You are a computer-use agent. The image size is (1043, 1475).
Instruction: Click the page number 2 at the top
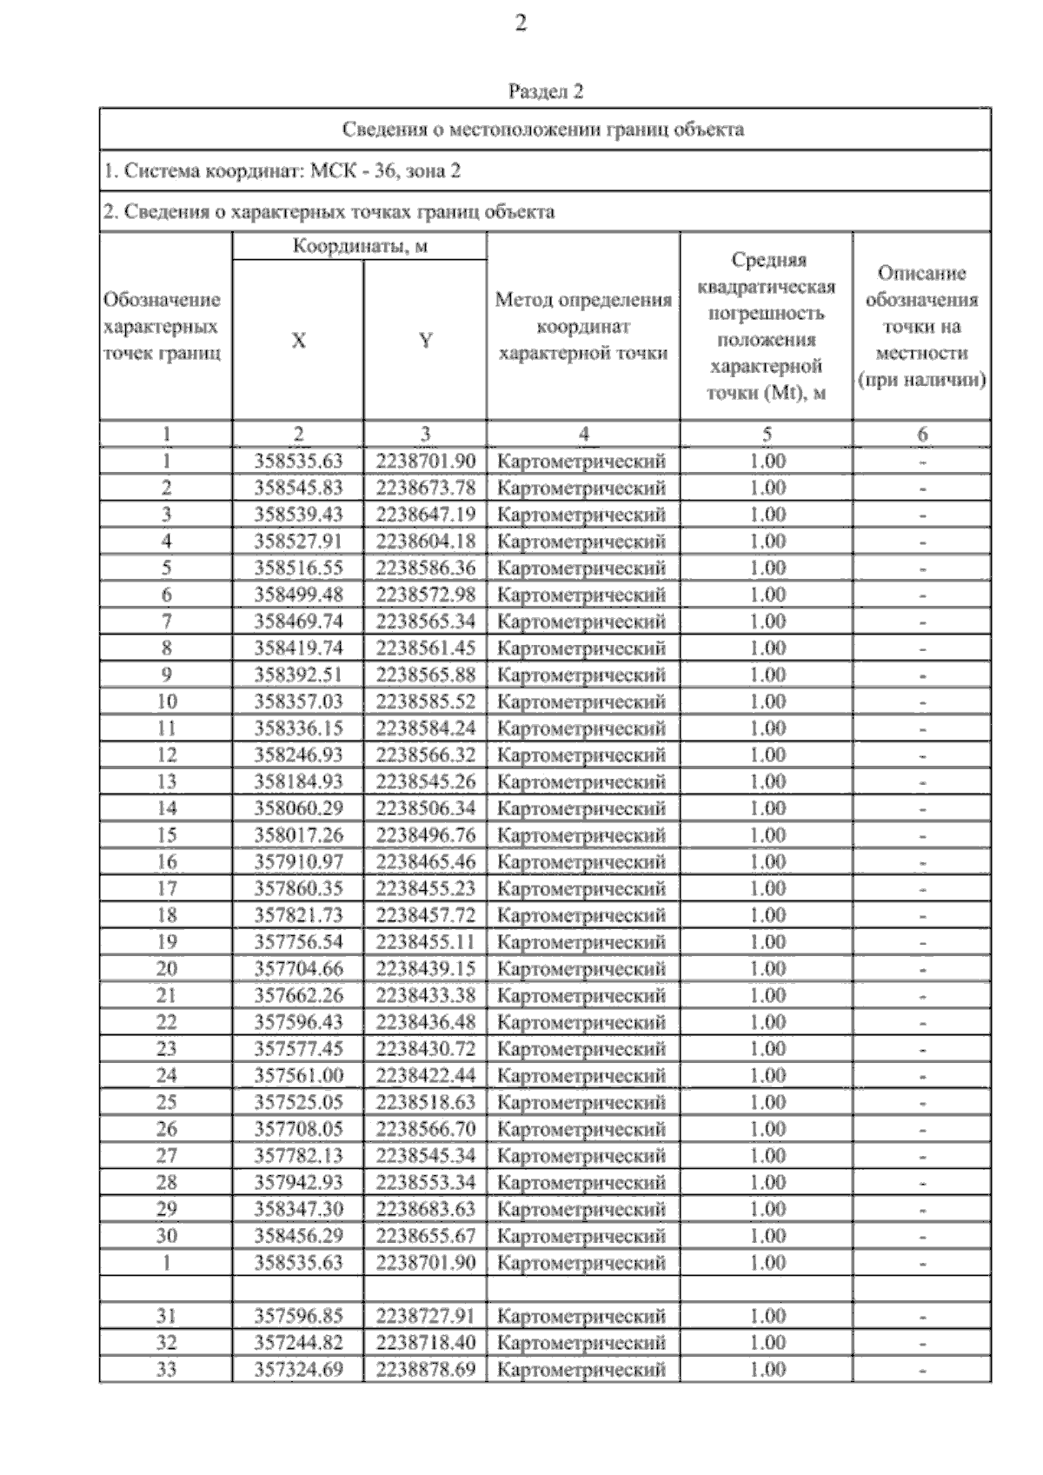pos(521,23)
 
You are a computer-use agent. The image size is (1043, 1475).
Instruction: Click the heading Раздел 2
pos(545,91)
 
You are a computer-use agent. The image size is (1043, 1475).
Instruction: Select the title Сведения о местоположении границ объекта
pos(543,130)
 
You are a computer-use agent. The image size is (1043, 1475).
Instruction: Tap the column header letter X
pos(298,341)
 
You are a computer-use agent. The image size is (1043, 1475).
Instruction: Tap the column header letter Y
pos(425,341)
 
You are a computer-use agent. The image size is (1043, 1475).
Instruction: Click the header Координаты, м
pos(359,246)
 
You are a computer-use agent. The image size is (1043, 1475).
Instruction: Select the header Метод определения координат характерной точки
pos(583,327)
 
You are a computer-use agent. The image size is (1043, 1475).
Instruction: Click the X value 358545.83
pos(298,488)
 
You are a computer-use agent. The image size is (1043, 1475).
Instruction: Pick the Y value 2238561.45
pos(425,648)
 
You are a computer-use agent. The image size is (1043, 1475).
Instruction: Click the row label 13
pos(166,782)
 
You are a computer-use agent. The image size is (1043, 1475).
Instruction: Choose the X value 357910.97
pos(298,862)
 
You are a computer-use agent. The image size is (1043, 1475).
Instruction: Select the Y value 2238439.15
pos(425,969)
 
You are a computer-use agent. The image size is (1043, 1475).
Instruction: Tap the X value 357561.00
pos(298,1076)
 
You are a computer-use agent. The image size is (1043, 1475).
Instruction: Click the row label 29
pos(166,1210)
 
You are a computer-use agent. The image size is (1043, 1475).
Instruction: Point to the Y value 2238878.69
pos(425,1370)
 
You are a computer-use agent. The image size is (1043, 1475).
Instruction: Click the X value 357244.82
pos(298,1343)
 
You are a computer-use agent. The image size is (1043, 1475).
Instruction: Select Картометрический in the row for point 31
pos(581,1317)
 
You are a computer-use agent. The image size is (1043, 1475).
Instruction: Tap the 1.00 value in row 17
pos(767,889)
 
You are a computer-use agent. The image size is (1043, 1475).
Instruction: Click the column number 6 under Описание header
pos(922,435)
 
